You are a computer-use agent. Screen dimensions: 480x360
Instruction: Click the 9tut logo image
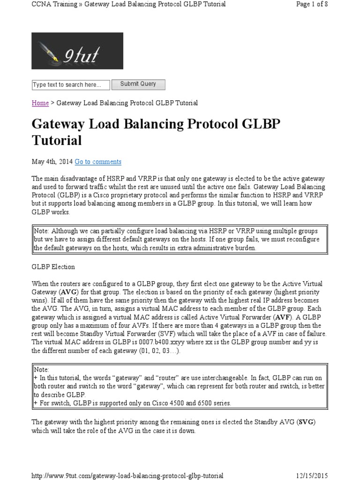click(77, 51)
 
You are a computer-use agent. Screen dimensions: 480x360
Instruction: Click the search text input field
click(71, 85)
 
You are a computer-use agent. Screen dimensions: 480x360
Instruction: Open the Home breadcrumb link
click(40, 103)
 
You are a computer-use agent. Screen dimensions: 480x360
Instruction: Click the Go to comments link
click(98, 162)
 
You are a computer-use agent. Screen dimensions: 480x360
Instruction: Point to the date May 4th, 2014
click(52, 162)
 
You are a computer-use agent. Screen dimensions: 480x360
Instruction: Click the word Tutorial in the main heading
click(57, 140)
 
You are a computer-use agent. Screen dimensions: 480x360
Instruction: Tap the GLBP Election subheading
click(53, 267)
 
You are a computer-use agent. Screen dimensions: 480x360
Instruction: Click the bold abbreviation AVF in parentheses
click(270, 317)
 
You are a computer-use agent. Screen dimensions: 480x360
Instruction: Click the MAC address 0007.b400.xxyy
click(172, 342)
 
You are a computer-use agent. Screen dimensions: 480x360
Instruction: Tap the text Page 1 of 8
click(312, 4)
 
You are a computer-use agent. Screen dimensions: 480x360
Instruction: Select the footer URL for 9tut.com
click(127, 475)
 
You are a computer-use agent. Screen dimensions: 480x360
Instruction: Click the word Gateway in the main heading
click(59, 124)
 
